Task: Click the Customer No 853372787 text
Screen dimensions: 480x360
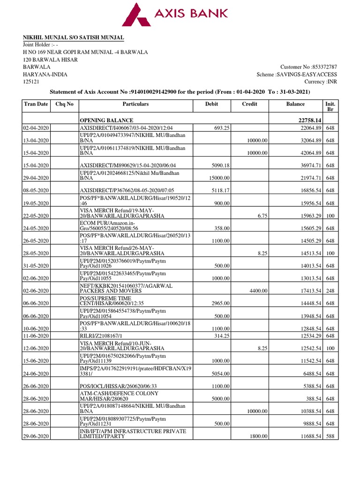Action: [308, 67]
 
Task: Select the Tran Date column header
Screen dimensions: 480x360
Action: [36, 104]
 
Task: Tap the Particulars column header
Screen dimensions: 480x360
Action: [135, 104]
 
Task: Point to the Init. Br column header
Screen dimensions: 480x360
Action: [330, 107]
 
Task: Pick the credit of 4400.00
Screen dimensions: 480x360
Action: [258, 291]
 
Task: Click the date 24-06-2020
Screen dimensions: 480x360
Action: [36, 374]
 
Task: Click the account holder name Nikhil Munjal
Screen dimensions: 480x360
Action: [74, 37]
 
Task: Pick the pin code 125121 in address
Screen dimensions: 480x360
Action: [32, 82]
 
